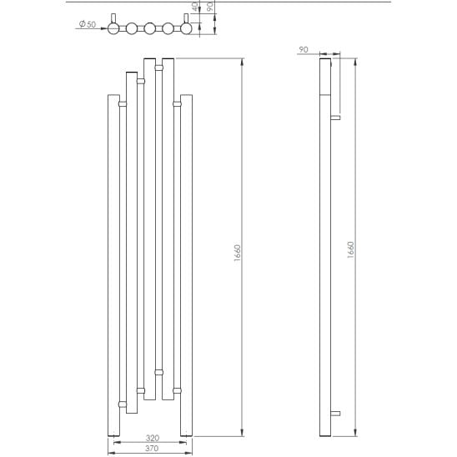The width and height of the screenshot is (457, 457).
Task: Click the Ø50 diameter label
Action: (88, 24)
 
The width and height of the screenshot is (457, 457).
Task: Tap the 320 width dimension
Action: (153, 438)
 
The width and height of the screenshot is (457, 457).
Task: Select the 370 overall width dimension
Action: (152, 448)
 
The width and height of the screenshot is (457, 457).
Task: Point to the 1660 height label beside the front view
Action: (238, 253)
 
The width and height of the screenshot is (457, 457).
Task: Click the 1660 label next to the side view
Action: (351, 249)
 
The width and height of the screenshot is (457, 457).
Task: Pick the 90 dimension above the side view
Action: (304, 49)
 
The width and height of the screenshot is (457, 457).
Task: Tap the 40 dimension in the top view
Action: (196, 7)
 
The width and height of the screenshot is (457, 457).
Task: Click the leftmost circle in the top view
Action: (113, 28)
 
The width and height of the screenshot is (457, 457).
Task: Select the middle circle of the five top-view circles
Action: (150, 28)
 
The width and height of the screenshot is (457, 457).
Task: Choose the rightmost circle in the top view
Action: (186, 28)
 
